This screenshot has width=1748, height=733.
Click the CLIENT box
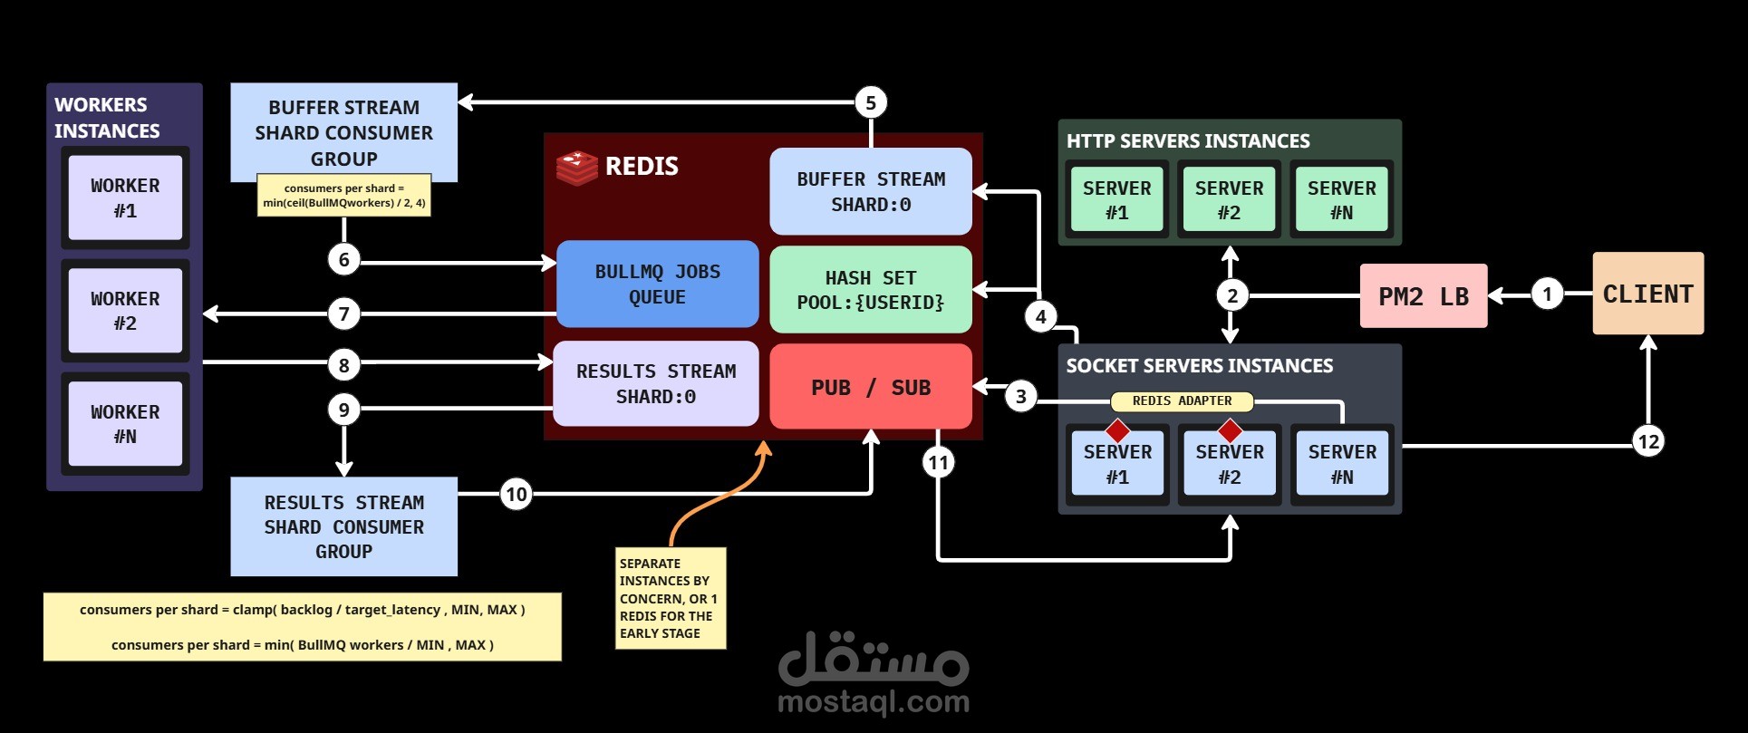coord(1647,294)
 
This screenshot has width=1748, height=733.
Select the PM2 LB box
coord(1423,295)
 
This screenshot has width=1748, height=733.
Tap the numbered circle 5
coord(871,102)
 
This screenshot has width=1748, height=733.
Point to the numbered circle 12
coord(1647,441)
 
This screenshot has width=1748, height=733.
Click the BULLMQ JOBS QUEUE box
coord(657,284)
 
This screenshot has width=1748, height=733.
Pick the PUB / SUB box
coord(870,387)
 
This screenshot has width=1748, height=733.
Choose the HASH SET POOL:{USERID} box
coord(870,290)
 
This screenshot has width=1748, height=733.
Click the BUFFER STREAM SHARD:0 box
coord(870,191)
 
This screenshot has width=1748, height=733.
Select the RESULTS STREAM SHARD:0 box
coord(655,383)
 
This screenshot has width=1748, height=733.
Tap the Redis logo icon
coord(576,168)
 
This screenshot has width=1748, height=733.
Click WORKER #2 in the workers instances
coord(125,310)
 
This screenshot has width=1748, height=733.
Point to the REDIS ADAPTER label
coord(1182,400)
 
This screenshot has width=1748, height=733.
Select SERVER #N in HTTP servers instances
coord(1341,199)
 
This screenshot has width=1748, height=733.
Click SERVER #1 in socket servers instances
coord(1117,463)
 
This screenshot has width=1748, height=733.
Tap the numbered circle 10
coord(516,494)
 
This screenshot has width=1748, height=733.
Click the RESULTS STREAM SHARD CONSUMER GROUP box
coord(343,526)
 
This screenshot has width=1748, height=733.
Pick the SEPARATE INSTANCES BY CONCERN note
coord(671,598)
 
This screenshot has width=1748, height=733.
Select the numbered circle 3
coord(1020,396)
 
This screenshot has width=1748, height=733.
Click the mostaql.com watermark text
coord(873,701)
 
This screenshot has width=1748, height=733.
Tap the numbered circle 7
coord(343,314)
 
